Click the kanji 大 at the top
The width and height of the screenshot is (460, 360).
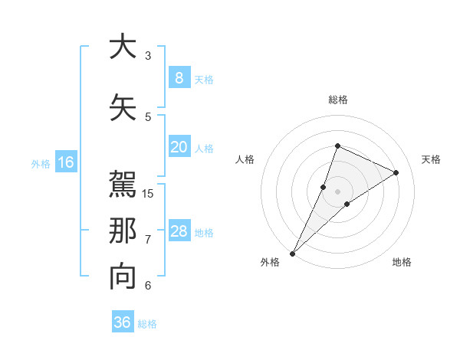123,47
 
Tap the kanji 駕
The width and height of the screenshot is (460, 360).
123,184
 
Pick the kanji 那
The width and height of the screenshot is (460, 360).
123,231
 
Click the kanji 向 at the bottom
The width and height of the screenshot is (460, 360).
123,276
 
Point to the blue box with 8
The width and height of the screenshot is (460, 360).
179,78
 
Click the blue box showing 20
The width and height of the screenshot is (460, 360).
179,147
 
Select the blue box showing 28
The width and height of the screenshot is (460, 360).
179,231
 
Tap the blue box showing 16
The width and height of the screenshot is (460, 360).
65,162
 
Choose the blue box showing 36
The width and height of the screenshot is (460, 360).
123,322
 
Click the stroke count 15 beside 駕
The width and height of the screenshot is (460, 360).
149,193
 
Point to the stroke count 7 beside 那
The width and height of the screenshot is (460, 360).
148,240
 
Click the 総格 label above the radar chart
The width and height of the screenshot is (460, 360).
338,100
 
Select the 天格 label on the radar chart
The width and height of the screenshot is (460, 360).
432,159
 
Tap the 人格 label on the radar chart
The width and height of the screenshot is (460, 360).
245,159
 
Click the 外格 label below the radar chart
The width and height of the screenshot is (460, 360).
270,262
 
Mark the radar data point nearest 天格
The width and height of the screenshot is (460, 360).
396,172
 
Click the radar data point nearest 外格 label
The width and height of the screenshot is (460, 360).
293,253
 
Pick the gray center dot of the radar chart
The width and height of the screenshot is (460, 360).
338,191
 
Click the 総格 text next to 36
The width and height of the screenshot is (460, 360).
147,324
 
